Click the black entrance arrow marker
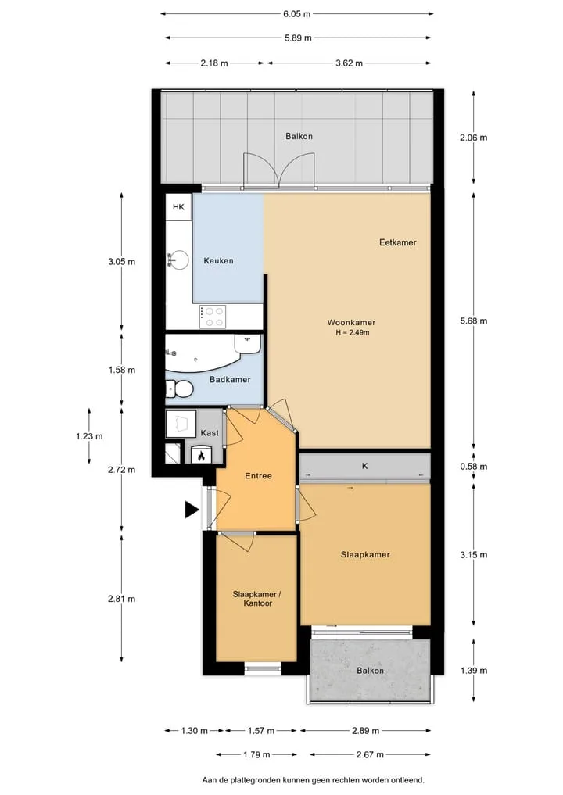coord(192,510)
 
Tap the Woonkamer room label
coord(351,323)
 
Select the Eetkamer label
coord(398,242)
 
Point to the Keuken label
coord(219,260)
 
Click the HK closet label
coord(178,207)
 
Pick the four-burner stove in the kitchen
coord(213,317)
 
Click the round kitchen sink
coord(178,260)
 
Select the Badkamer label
coord(230,379)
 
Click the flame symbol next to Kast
coord(201,456)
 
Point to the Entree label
coord(258,475)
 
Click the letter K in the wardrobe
coord(364,466)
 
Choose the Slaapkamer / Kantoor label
coord(257,599)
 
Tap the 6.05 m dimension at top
coord(296,14)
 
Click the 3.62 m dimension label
coord(349,63)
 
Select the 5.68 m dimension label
coord(474,321)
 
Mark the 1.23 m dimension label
coord(89,436)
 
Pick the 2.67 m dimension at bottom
coord(370,754)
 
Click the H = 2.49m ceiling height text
coord(352,332)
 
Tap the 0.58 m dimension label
coord(474,467)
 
